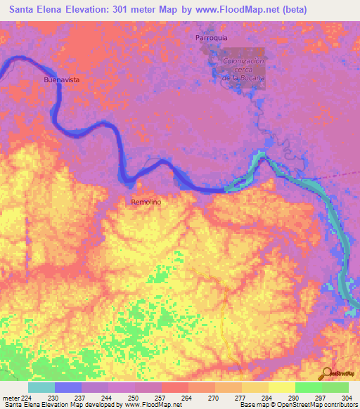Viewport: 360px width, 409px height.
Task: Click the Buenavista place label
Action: pyautogui.click(x=61, y=80)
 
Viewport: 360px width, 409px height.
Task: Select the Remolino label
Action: pyautogui.click(x=146, y=202)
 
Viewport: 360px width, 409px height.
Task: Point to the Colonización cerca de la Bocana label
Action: pyautogui.click(x=243, y=70)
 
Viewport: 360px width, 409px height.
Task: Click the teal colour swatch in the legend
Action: pyautogui.click(x=41, y=387)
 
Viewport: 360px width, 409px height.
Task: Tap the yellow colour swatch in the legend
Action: pyautogui.click(x=282, y=387)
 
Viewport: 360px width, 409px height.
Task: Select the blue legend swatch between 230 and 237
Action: pyautogui.click(x=68, y=387)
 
